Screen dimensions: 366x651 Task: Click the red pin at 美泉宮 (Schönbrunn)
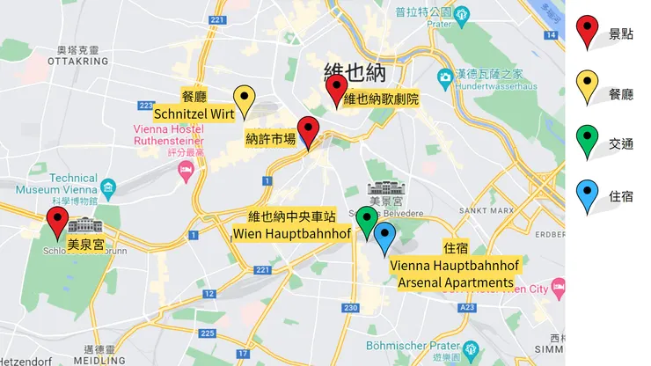pos(58,221)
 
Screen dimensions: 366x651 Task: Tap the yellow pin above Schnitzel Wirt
pos(245,99)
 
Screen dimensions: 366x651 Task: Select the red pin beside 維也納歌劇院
pos(336,88)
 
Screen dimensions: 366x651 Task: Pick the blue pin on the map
pos(384,235)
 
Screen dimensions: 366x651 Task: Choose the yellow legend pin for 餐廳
pos(587,85)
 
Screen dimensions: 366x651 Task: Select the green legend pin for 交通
pos(587,140)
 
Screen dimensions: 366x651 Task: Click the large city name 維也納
pos(356,71)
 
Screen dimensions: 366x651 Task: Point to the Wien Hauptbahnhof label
pos(290,234)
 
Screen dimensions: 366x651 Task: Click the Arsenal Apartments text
pos(455,282)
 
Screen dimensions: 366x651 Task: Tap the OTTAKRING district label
pos(77,62)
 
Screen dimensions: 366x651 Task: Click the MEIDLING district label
pos(99,361)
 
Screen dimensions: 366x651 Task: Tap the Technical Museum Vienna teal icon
pos(108,187)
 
